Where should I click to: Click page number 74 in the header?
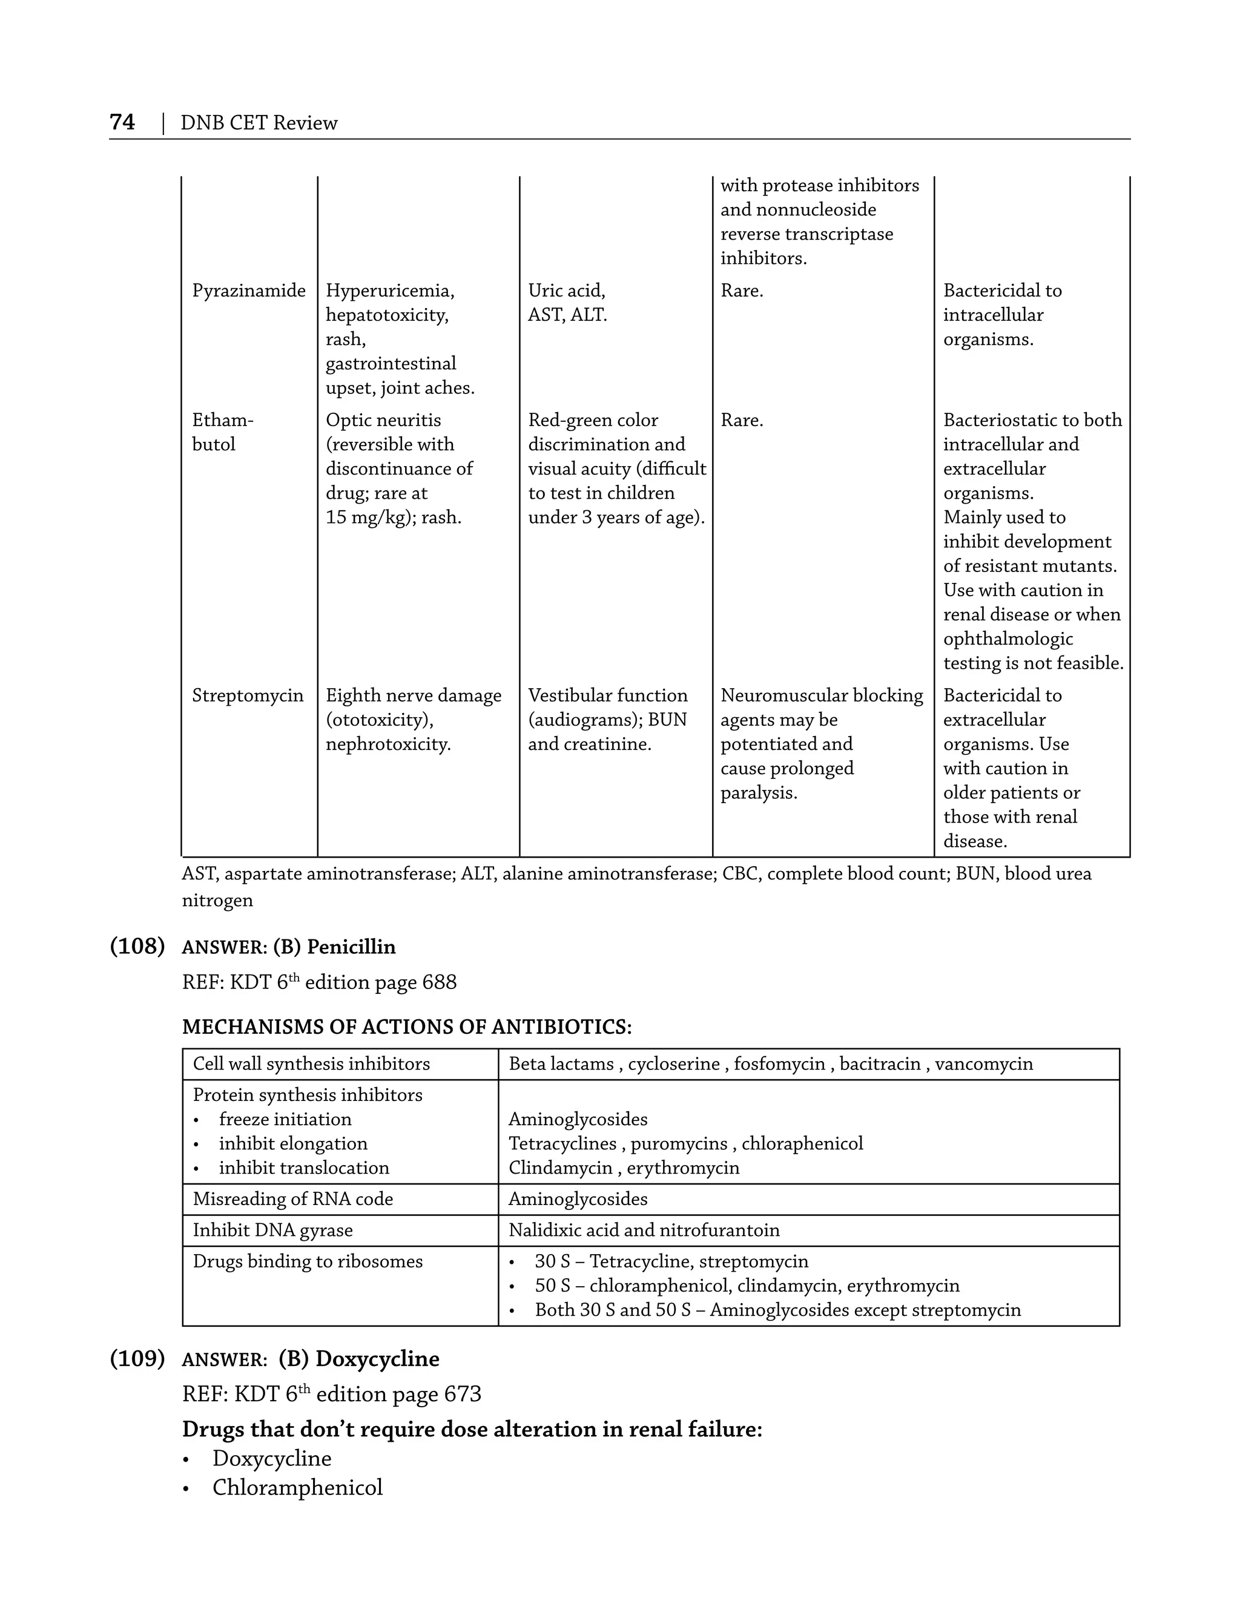pos(122,122)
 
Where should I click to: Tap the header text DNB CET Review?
pos(259,123)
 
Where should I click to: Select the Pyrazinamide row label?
pos(249,291)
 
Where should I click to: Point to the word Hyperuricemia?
pos(389,291)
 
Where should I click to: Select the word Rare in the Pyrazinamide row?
pos(741,291)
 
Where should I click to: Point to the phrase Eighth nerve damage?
pos(413,695)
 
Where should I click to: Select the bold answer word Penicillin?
pos(351,947)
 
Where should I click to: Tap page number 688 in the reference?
pos(440,982)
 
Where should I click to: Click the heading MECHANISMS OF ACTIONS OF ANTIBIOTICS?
pos(406,1027)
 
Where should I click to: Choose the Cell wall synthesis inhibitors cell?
pos(311,1064)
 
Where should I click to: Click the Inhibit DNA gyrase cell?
pos(272,1231)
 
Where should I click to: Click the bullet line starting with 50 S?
pos(746,1286)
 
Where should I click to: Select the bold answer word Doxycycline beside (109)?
pos(377,1359)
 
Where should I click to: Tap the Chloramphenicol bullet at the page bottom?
pos(297,1487)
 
